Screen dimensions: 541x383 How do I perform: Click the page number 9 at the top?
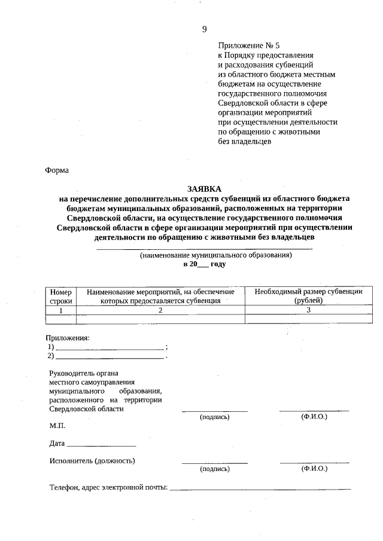click(204, 29)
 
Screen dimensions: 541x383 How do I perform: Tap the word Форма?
click(57, 170)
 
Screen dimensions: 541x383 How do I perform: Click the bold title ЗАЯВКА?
click(204, 188)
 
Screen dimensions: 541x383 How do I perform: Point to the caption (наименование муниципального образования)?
click(215, 255)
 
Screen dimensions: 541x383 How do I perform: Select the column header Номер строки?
click(60, 296)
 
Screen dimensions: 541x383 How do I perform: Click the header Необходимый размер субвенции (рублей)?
click(308, 296)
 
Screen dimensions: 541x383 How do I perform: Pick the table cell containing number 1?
click(60, 310)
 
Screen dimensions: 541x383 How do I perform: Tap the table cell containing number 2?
click(160, 310)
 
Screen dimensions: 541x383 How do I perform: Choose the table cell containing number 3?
click(308, 310)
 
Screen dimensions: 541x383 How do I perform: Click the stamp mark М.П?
click(57, 426)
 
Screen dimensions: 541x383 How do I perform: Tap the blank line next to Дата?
click(102, 445)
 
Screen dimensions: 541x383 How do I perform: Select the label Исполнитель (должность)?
click(92, 460)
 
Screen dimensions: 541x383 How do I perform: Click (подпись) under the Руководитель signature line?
click(215, 417)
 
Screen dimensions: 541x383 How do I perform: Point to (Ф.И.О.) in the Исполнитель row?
click(314, 469)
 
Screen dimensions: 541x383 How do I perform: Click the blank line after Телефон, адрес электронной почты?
click(260, 488)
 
